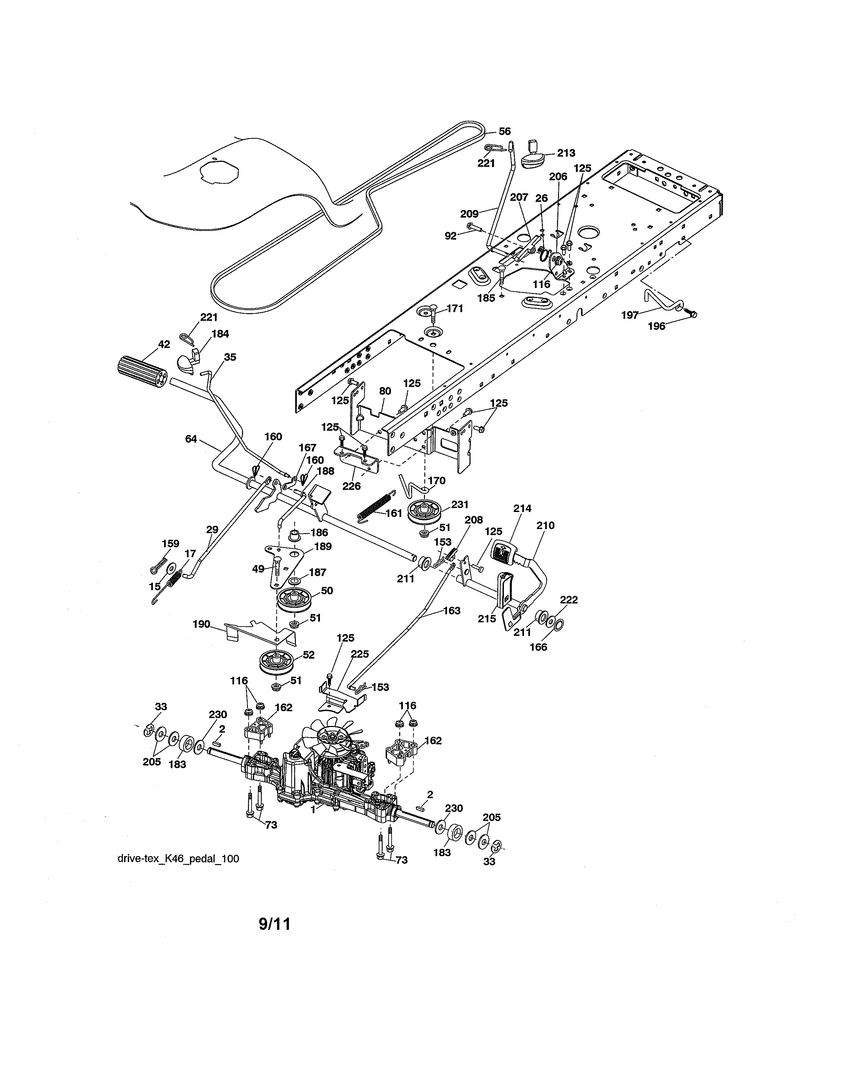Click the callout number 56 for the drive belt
click(505, 131)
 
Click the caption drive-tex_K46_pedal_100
click(178, 859)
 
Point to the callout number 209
click(469, 214)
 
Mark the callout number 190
click(201, 624)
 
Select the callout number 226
click(352, 486)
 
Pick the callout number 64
click(191, 439)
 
